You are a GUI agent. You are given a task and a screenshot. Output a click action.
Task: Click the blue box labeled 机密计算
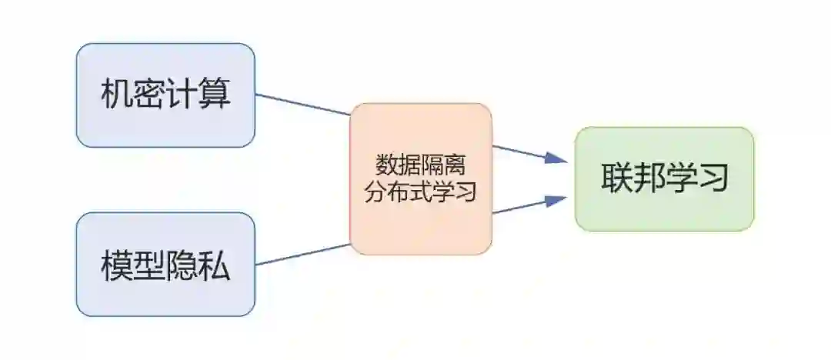pyautogui.click(x=165, y=95)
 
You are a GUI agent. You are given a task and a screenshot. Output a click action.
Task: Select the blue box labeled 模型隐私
pyautogui.click(x=165, y=264)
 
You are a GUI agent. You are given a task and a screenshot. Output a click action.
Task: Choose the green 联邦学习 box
pyautogui.click(x=664, y=178)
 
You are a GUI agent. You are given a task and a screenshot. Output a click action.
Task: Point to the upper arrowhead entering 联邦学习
pyautogui.click(x=556, y=158)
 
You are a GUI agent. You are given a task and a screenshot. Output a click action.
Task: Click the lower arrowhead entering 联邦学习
pyautogui.click(x=556, y=200)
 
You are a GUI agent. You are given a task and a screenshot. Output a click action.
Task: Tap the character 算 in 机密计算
pyautogui.click(x=215, y=95)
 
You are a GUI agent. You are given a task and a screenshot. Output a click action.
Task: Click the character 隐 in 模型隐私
pyautogui.click(x=182, y=265)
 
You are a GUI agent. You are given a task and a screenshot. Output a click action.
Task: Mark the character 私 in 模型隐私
pyautogui.click(x=215, y=265)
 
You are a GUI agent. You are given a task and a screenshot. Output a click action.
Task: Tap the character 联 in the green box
pyautogui.click(x=616, y=179)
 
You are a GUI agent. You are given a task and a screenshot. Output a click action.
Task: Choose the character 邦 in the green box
pyautogui.click(x=649, y=179)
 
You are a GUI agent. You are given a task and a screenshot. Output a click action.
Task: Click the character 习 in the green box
pyautogui.click(x=713, y=179)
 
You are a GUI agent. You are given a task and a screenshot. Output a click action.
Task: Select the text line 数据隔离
pyautogui.click(x=420, y=165)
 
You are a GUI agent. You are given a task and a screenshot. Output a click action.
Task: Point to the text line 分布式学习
pyautogui.click(x=420, y=191)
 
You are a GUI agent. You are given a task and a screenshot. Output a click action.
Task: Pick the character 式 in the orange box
pyautogui.click(x=420, y=191)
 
